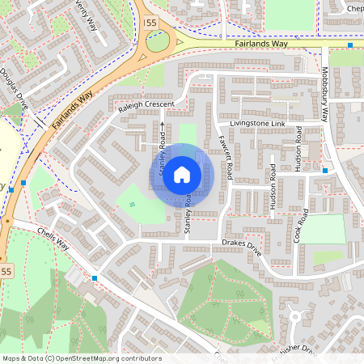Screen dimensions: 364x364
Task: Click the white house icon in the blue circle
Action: (182, 174)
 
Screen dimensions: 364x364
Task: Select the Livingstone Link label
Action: (256, 124)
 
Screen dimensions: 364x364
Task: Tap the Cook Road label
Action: (302, 225)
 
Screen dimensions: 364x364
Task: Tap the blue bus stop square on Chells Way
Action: (95, 278)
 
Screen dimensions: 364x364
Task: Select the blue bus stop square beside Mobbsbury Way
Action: (324, 171)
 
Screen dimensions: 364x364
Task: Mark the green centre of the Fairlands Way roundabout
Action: (159, 41)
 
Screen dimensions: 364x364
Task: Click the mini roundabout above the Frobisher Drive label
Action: (295, 316)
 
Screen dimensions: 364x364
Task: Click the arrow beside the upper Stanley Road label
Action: (162, 126)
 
